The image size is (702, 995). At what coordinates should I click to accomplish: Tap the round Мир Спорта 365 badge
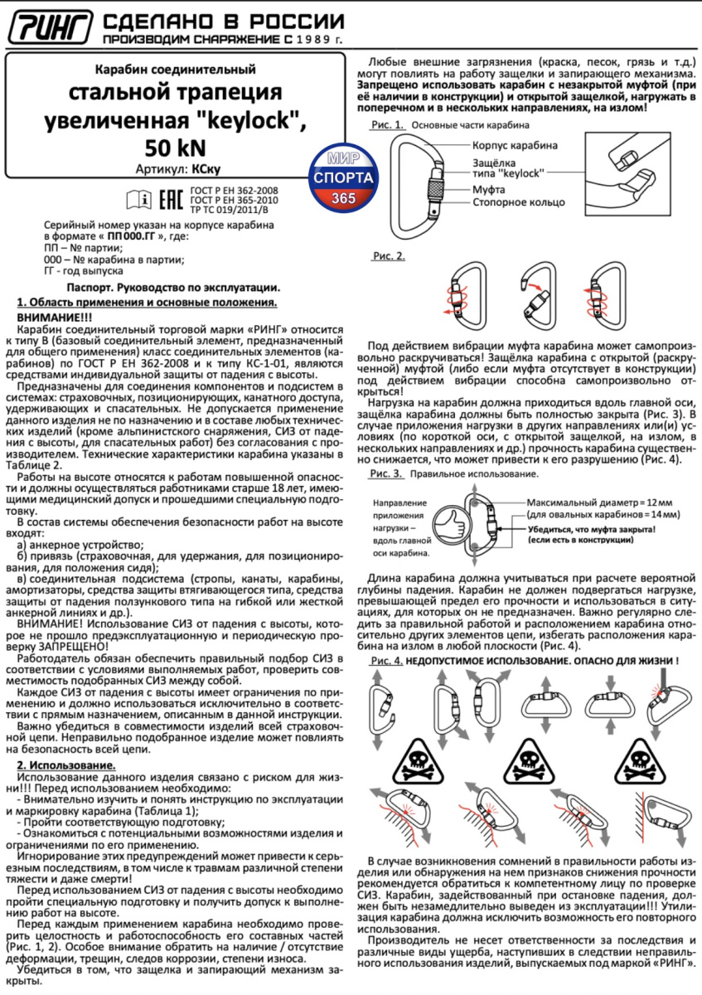[342, 177]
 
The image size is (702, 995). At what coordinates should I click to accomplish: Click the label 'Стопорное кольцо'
[518, 201]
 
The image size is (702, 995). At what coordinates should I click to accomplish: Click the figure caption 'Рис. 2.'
[388, 255]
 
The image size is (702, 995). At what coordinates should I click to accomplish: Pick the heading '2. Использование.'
[67, 764]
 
